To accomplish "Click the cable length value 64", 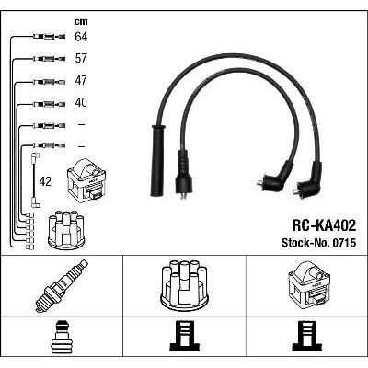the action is tap(81, 37).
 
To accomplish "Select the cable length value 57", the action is tap(81, 58).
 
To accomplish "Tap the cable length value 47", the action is tap(81, 80).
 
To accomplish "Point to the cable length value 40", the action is tap(81, 102).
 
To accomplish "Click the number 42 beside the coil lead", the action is tap(45, 181).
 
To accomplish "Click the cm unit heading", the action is tap(81, 21).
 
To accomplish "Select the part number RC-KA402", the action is tap(325, 226).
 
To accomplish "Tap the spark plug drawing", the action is tap(62, 286).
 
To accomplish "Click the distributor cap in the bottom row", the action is tap(184, 282).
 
